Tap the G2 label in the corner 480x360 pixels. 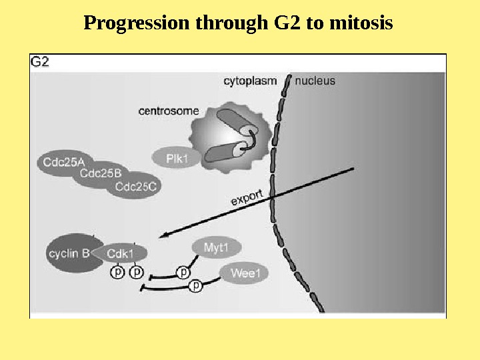(40, 62)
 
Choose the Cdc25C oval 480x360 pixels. (135, 187)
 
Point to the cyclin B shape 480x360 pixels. (67, 253)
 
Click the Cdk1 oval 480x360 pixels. (121, 253)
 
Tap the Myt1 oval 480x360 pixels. (216, 248)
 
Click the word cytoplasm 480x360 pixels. (249, 81)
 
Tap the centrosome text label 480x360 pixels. (169, 111)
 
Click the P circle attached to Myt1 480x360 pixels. (183, 272)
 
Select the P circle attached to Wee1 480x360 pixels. (196, 286)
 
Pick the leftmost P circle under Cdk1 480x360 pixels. (117, 272)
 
